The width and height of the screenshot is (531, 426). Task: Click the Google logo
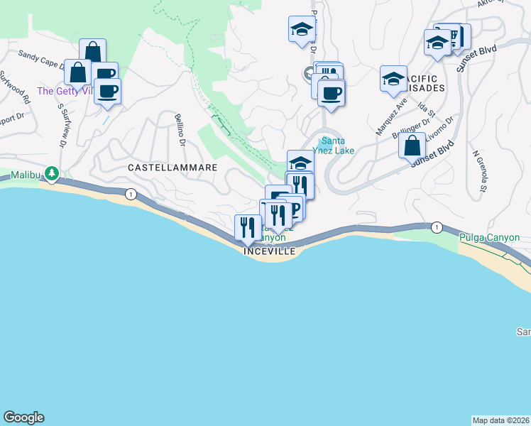coord(23,417)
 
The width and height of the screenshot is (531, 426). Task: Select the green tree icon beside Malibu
coord(51,173)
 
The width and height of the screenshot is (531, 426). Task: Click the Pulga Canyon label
coord(489,238)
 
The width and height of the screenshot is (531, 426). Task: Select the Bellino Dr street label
coord(180,132)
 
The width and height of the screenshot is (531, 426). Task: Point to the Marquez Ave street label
coord(391,114)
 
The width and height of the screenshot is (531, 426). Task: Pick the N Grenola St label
coord(477,171)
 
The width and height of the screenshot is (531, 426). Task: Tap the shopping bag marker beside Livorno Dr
coord(412,146)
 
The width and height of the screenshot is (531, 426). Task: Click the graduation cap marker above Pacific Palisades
coord(393,79)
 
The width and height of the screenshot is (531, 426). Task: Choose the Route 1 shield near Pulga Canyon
coord(437,227)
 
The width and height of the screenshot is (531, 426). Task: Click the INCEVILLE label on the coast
coord(268,251)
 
